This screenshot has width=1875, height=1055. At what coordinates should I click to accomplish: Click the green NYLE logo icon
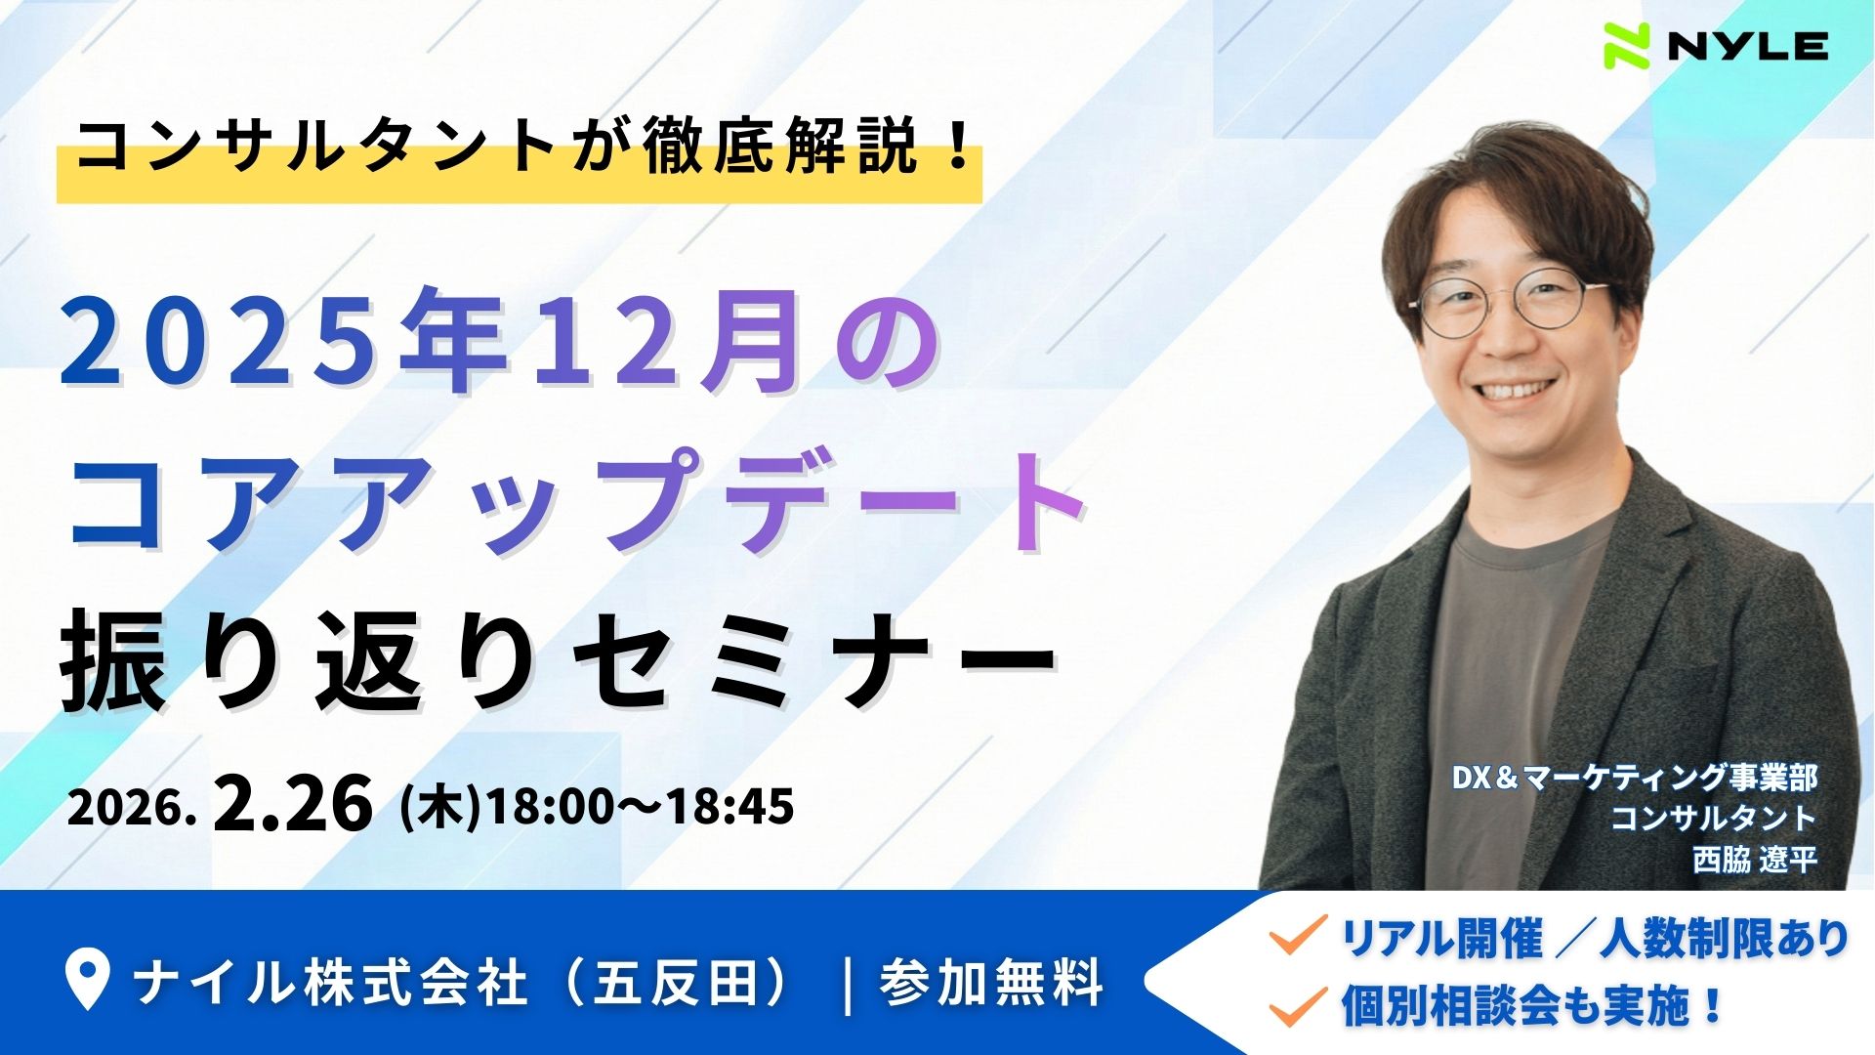[1627, 46]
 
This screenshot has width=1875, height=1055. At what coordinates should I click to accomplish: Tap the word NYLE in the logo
[1748, 47]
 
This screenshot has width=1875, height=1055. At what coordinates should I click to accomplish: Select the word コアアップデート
[576, 498]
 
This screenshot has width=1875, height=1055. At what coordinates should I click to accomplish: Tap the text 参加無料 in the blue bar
[991, 983]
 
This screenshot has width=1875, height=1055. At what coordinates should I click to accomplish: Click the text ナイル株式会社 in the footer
[332, 983]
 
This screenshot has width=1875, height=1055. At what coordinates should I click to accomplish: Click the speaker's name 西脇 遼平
[1755, 860]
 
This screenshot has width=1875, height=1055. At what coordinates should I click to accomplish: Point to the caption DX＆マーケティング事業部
[1634, 778]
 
